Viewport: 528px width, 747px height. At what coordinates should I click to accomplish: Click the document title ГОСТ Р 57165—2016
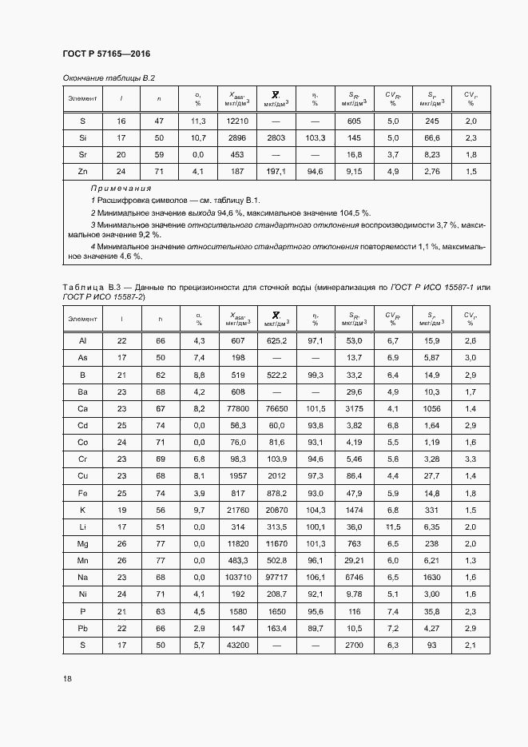[106, 54]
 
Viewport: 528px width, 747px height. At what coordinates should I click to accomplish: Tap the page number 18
[68, 678]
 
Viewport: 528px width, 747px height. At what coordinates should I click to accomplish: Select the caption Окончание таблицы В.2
[109, 77]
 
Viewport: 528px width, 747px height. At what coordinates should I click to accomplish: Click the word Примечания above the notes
[121, 188]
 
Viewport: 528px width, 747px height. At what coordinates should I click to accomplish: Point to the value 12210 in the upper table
[237, 121]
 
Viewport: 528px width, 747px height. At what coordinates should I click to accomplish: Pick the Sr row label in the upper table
[83, 154]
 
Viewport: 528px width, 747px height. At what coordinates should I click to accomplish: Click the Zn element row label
[83, 171]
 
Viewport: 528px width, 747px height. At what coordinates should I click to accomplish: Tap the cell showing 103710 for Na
[237, 576]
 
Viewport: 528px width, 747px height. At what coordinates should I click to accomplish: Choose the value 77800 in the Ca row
[237, 408]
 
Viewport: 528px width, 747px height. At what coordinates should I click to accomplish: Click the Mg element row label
[83, 542]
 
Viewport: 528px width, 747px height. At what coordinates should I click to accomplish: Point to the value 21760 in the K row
[237, 509]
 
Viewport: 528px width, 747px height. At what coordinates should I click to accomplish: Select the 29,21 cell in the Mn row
[354, 559]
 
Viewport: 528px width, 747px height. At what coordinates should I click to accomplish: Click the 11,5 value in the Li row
[393, 526]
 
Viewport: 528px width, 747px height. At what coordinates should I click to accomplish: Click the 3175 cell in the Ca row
[354, 408]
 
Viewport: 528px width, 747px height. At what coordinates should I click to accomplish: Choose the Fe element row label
[83, 492]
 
